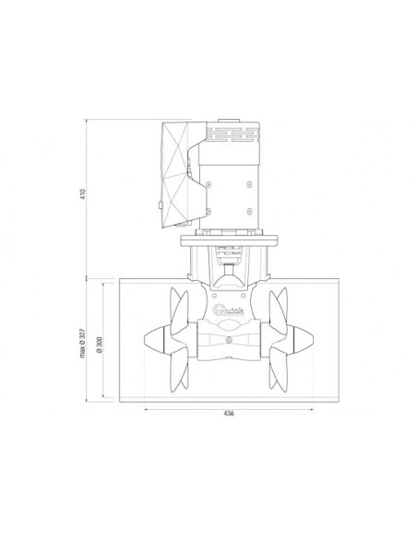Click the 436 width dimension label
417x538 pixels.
tap(228, 413)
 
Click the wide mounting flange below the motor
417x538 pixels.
tap(228, 241)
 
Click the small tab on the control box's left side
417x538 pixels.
tap(160, 204)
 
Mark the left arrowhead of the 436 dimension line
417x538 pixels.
tap(147, 404)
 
